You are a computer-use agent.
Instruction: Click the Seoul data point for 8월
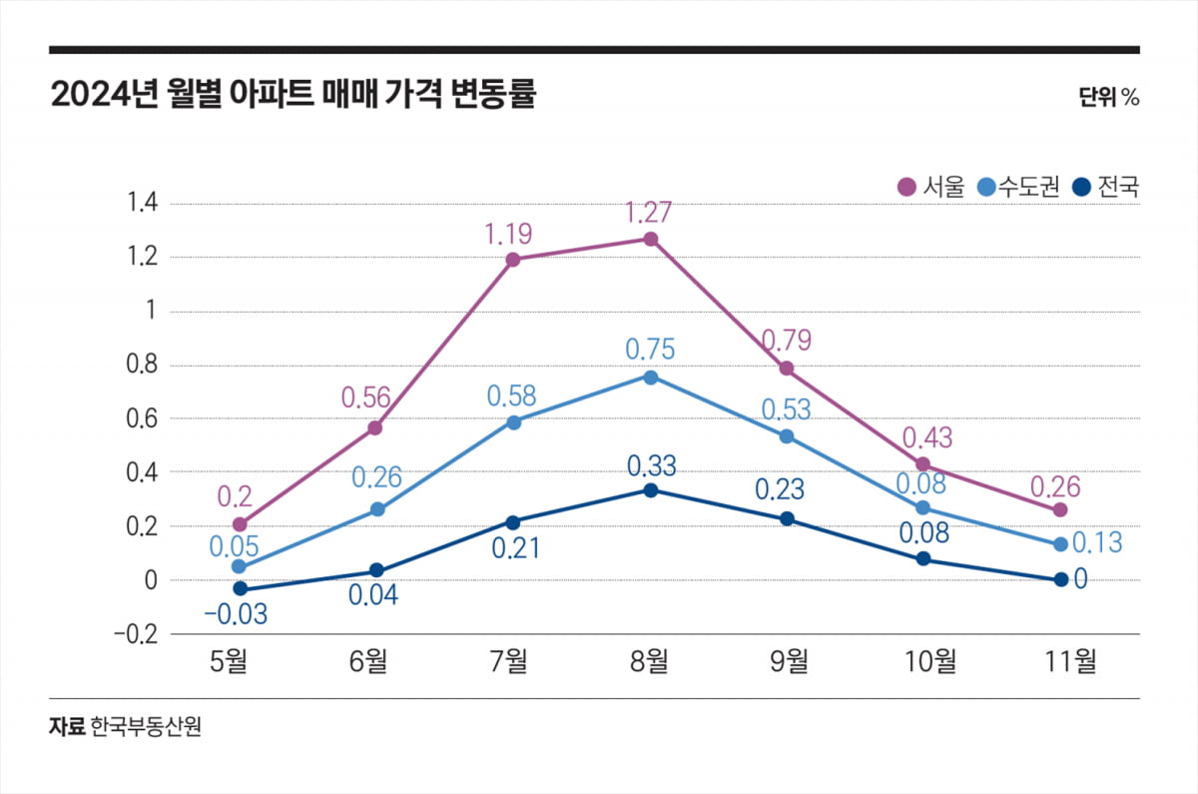(650, 239)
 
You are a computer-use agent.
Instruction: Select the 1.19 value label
(508, 235)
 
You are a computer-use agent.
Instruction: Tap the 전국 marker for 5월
(240, 589)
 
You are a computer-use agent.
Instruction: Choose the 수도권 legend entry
(1018, 187)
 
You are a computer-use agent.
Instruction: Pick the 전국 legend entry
(1105, 187)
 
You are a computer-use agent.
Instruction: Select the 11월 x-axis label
(1060, 660)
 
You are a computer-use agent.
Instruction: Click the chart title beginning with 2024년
(293, 96)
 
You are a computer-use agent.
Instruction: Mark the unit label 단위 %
(1108, 97)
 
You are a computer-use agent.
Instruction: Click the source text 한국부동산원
(146, 726)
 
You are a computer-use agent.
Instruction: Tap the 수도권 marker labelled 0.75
(650, 377)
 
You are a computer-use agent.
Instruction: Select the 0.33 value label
(651, 465)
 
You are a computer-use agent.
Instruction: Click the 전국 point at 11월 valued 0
(1060, 579)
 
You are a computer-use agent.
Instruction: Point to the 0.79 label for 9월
(787, 341)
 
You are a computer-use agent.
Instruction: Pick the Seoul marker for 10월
(923, 464)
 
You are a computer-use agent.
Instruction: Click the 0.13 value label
(1098, 543)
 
